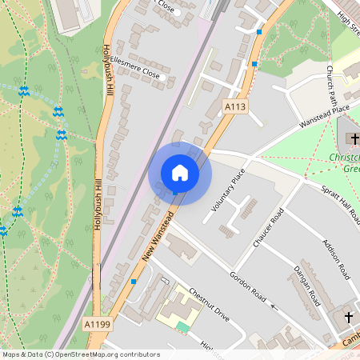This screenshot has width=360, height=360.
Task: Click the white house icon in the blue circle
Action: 180,173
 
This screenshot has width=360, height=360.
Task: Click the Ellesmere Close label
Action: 137,68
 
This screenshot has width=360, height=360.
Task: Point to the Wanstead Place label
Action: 325,114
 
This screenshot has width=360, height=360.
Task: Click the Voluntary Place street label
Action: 227,190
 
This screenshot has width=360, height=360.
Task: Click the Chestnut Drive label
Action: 209,305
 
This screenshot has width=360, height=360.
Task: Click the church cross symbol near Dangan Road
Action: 349,318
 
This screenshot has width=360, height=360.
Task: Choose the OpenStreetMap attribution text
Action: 80,354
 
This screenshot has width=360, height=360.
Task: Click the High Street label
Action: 349,22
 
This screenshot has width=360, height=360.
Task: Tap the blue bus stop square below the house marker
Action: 175,194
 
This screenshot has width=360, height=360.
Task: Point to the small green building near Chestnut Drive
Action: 183,326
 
